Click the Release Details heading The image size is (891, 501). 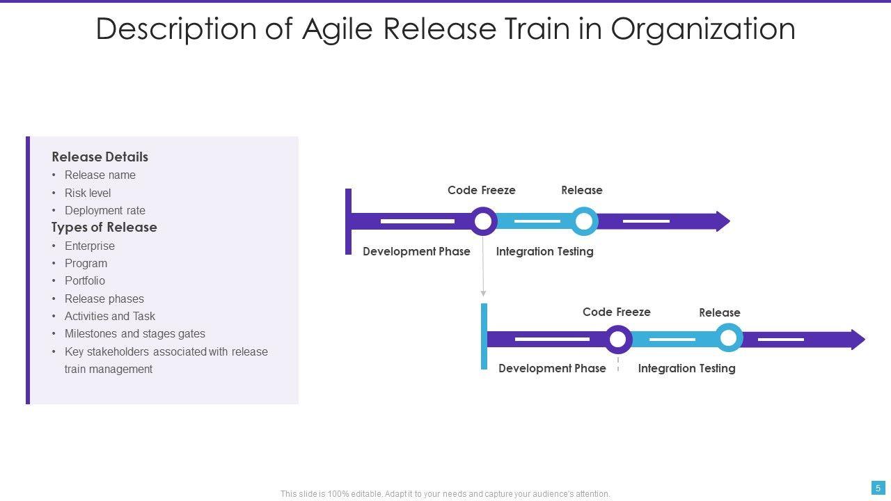[100, 157]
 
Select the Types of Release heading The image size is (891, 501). [104, 228]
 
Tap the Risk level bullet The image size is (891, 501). [88, 193]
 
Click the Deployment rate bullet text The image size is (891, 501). [105, 210]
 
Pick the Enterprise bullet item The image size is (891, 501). [90, 246]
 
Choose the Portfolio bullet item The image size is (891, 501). [85, 280]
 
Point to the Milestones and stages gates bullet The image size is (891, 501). [135, 333]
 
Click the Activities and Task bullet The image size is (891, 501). [110, 316]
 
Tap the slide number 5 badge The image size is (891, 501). [878, 488]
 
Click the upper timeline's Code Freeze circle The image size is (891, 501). [482, 221]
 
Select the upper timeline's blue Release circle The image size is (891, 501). [584, 221]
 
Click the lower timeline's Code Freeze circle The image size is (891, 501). [617, 340]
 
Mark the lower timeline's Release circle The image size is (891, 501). [728, 339]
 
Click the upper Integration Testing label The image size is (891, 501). [544, 251]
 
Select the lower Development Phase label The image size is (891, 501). [552, 368]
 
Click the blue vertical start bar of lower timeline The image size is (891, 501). [484, 336]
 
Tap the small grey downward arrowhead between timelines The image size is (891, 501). [483, 294]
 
